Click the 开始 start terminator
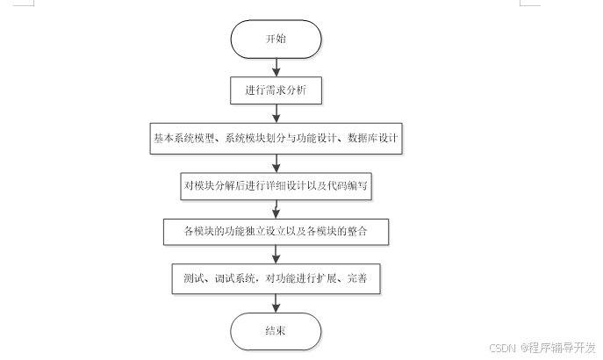point(276,40)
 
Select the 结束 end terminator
point(276,332)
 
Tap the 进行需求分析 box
point(276,90)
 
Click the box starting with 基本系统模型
point(276,139)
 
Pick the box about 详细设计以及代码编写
point(276,186)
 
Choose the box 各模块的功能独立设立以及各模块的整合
point(276,232)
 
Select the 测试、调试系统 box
point(276,278)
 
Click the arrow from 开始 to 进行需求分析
point(276,68)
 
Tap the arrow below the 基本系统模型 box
point(276,162)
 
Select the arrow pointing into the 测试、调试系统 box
point(276,255)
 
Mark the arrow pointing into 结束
point(276,303)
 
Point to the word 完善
point(360,278)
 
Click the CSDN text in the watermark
point(501,347)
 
